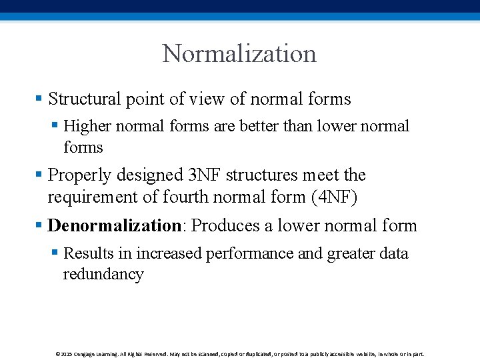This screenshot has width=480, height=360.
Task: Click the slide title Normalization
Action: (x=239, y=54)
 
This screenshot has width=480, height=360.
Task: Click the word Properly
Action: (x=80, y=175)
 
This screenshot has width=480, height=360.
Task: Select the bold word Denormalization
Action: (x=114, y=226)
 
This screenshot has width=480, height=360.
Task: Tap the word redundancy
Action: (x=103, y=275)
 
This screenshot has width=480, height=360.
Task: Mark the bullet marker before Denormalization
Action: (x=38, y=226)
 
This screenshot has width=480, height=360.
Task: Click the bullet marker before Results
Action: (x=54, y=254)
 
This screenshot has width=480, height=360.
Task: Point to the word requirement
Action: (x=93, y=197)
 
